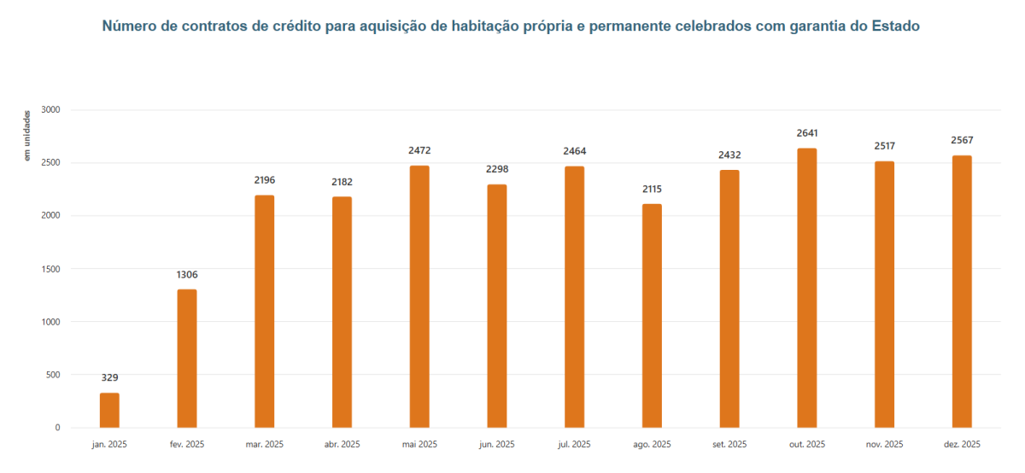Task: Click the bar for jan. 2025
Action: (109, 410)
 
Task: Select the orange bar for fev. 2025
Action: (187, 359)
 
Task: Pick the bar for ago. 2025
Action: (652, 316)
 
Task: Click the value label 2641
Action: (806, 133)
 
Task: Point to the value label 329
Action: (109, 377)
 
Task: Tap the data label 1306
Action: (187, 274)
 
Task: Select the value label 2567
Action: (962, 140)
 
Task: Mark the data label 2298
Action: (497, 169)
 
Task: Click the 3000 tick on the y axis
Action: (51, 110)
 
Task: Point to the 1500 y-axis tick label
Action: (51, 269)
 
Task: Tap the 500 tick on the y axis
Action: (53, 375)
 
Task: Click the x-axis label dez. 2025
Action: (962, 445)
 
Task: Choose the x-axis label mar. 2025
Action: (265, 445)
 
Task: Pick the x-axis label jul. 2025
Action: (574, 445)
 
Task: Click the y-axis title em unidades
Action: (27, 135)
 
